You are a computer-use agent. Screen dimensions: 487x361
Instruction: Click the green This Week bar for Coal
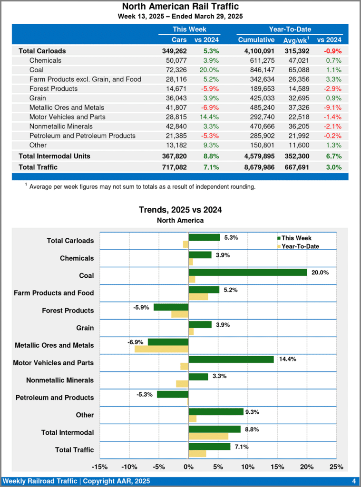point(247,272)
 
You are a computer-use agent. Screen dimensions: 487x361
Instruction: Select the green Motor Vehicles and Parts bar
point(231,359)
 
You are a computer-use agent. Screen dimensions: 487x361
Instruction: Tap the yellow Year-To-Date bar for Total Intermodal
point(208,436)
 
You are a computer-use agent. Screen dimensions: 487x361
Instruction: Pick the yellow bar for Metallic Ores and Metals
point(162,349)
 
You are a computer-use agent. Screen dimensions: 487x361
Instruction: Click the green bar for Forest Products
point(171,307)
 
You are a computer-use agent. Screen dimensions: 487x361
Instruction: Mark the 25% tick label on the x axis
point(336,467)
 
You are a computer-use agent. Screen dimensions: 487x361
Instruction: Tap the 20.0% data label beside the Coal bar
point(320,272)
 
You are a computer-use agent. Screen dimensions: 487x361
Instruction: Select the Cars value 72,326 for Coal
point(175,70)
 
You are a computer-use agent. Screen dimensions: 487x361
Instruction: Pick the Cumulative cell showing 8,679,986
point(256,167)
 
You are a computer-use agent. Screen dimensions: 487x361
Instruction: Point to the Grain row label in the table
point(38,98)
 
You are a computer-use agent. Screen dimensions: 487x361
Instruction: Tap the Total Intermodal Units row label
point(54,156)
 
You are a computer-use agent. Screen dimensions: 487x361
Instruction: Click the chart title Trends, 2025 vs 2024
point(180,210)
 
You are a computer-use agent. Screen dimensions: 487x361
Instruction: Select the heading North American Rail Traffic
point(180,7)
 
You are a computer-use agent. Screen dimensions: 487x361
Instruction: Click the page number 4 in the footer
point(354,481)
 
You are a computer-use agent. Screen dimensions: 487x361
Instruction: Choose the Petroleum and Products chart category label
point(55,398)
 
